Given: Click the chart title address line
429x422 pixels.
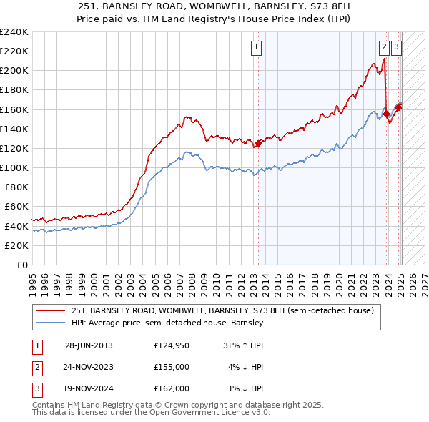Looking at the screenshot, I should click(x=214, y=6).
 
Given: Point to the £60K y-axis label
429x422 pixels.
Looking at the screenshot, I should click(x=16, y=207).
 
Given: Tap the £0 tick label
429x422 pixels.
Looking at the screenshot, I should click(x=21, y=265).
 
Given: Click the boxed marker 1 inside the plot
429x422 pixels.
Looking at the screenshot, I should click(x=256, y=47).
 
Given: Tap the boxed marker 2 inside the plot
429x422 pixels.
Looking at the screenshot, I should click(x=384, y=47).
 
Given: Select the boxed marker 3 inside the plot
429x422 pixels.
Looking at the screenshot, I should click(x=396, y=47).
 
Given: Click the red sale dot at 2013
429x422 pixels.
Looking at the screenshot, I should click(x=258, y=143).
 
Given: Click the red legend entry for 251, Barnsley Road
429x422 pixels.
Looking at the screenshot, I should click(x=223, y=310).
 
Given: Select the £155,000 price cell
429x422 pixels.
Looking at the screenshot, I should click(x=171, y=367).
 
